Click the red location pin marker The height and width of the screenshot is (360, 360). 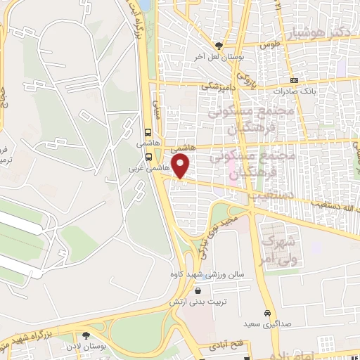[181, 167]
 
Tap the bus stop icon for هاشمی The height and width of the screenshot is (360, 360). [148, 131]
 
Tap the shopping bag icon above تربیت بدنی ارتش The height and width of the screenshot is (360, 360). [198, 290]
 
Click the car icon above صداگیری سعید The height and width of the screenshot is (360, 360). [267, 313]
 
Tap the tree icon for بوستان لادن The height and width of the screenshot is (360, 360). [86, 335]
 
